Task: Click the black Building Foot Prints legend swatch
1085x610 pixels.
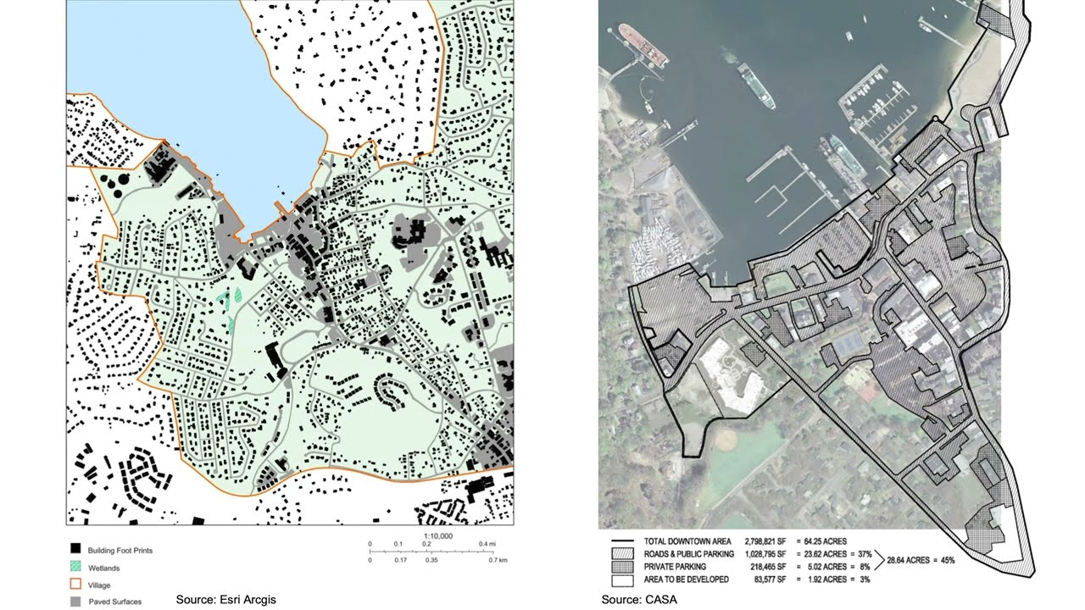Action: [x=75, y=550]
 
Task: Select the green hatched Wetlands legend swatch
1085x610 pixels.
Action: [x=75, y=568]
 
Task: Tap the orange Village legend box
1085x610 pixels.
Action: [x=75, y=585]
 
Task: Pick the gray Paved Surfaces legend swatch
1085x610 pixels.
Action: [x=75, y=602]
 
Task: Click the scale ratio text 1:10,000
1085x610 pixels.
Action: [x=437, y=536]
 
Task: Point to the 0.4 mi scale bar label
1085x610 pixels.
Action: [x=487, y=544]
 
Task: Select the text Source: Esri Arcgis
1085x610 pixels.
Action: [x=225, y=600]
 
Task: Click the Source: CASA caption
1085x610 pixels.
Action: [x=639, y=600]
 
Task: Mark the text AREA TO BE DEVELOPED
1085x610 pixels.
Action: [x=690, y=579]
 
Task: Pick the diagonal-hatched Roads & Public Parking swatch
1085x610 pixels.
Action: [x=622, y=554]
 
